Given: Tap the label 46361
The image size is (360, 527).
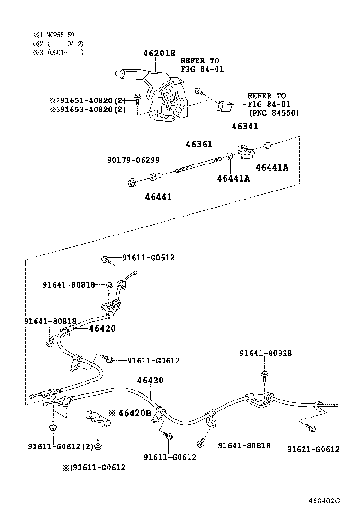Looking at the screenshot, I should pos(199,144).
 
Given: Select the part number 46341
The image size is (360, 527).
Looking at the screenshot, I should pos(245,127).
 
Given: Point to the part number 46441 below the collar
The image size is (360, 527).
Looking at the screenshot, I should pos(158,197).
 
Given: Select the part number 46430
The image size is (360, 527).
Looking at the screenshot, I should pos(150,380).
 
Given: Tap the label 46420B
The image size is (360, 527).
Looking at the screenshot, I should pos(134,413).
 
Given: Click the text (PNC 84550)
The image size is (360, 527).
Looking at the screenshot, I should pos(273,113).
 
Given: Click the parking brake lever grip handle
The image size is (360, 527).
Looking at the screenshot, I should pos(130,73).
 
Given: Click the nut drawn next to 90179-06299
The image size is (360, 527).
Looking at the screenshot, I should pos(133,182).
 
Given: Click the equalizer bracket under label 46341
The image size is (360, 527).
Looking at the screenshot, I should pos(245,152).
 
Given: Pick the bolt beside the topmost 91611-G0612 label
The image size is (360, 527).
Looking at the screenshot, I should pos(106,259).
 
